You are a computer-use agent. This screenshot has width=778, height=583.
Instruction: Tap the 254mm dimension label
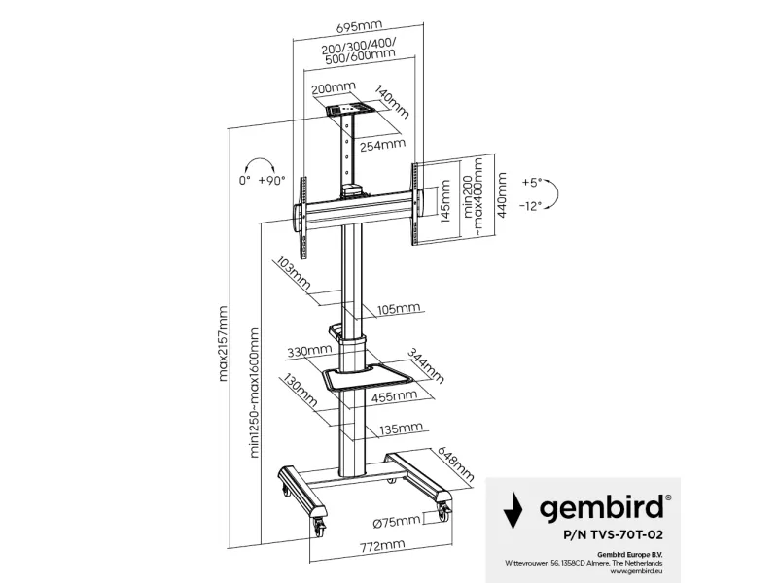click(381, 146)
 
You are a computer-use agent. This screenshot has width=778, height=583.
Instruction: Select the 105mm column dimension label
click(397, 309)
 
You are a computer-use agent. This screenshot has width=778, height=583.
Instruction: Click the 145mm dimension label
click(444, 201)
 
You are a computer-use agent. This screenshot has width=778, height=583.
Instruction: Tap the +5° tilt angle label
click(532, 182)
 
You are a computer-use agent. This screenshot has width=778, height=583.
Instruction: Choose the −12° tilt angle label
click(531, 206)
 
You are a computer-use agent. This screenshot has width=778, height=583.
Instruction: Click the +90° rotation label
click(273, 181)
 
